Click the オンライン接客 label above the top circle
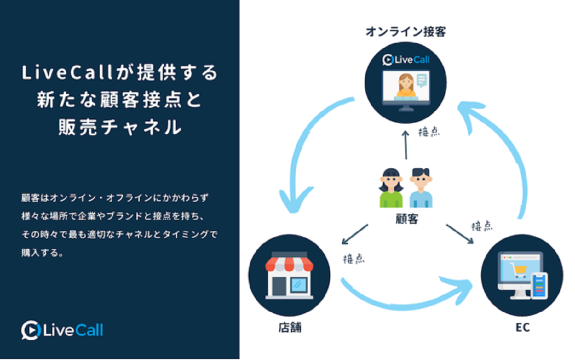[405, 33]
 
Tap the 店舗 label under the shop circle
[290, 329]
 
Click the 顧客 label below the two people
[405, 220]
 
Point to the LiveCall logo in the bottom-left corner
[62, 330]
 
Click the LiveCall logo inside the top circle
[405, 60]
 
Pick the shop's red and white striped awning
[289, 264]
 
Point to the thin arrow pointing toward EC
[460, 235]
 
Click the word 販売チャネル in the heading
[120, 128]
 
